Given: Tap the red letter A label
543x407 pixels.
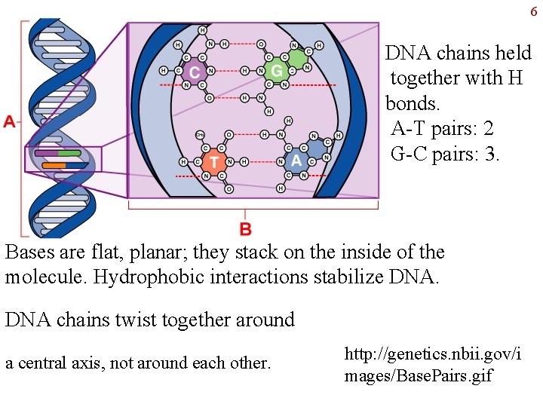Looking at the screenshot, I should click(9, 121).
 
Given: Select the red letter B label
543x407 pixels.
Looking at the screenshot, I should click(245, 228).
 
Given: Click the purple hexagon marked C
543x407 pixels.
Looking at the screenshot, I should click(194, 72).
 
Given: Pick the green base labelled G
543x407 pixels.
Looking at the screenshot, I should click(278, 71).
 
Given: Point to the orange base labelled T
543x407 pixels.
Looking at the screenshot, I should click(213, 162).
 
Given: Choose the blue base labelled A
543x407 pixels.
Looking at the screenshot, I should click(296, 161).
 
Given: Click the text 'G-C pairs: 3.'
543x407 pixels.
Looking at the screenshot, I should click(445, 155).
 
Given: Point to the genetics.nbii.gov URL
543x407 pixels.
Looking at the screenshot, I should click(432, 363).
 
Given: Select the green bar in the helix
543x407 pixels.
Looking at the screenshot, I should click(69, 153).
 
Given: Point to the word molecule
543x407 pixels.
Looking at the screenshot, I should click(44, 277).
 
